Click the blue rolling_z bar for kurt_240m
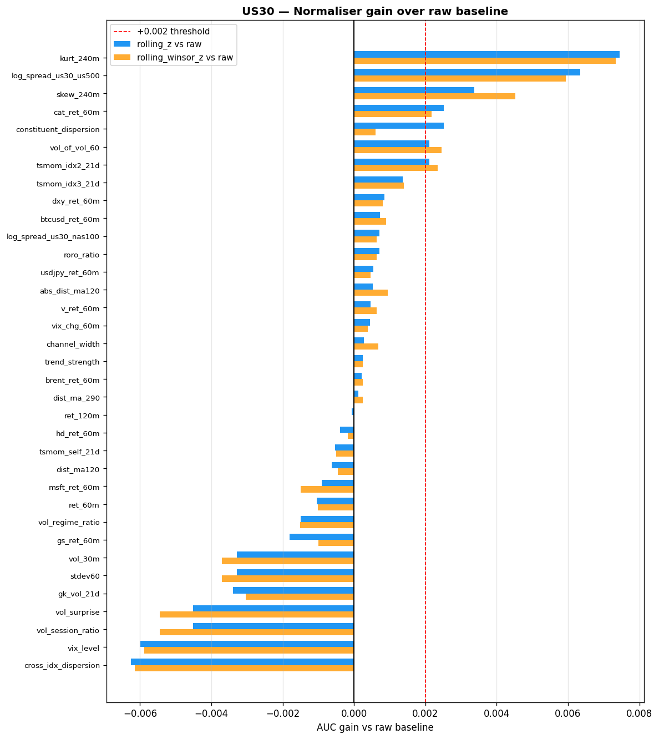486,54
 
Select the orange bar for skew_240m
434,97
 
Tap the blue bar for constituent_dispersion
399,126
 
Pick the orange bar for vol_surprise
257,615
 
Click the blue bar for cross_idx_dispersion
242,662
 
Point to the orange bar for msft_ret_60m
327,490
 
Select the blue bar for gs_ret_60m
322,537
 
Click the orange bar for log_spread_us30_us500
460,78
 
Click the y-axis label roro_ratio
82,255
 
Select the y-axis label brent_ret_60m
73,380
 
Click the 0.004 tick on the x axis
496,712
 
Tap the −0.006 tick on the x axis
140,712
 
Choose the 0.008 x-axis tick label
639,712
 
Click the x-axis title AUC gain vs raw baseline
375,727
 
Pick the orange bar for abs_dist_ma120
371,293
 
